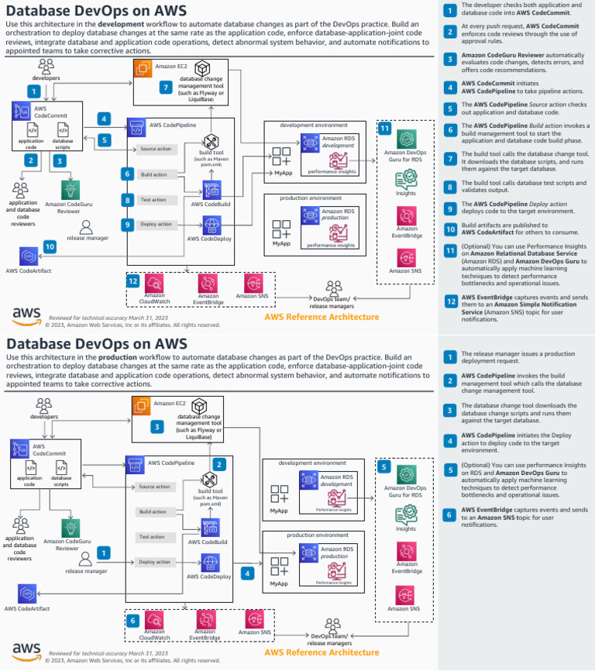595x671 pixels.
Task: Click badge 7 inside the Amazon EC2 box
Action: click(x=164, y=88)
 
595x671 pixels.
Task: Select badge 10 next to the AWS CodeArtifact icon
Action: click(x=50, y=246)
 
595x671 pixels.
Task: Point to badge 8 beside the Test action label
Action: click(x=127, y=199)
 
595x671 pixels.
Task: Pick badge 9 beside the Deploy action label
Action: click(x=127, y=224)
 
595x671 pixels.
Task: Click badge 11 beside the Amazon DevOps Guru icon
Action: click(x=385, y=129)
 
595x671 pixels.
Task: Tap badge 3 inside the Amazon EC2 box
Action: click(x=156, y=426)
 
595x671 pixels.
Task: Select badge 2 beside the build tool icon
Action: click(x=219, y=464)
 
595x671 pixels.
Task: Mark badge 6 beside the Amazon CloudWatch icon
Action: click(x=133, y=620)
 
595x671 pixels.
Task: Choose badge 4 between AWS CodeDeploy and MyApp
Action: click(x=247, y=573)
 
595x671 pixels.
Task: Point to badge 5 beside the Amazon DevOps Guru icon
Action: click(x=384, y=467)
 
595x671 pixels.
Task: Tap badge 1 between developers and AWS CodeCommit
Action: click(x=33, y=91)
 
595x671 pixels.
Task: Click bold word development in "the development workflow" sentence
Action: click(x=126, y=25)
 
